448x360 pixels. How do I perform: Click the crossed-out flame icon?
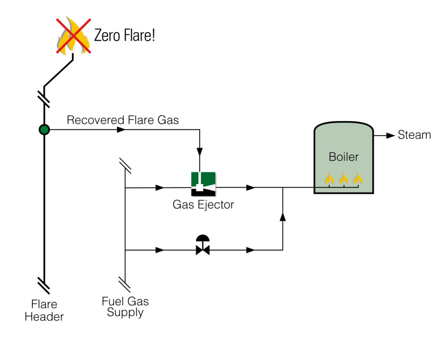click(x=73, y=36)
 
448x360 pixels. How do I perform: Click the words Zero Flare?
click(x=125, y=35)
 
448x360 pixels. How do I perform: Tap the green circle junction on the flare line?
click(x=44, y=129)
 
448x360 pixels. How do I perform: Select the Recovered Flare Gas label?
click(x=122, y=120)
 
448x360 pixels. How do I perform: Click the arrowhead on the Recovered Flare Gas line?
click(x=121, y=130)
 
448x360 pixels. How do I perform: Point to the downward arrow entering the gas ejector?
click(x=199, y=152)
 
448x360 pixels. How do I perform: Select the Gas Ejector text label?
click(x=203, y=204)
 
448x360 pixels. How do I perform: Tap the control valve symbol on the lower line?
click(x=203, y=246)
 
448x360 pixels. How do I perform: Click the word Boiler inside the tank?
click(x=343, y=157)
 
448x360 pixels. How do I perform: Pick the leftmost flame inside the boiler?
click(x=329, y=178)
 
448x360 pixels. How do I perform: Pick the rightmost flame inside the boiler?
click(x=358, y=178)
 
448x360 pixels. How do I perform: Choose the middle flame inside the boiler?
click(x=343, y=178)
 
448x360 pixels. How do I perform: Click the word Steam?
click(x=414, y=135)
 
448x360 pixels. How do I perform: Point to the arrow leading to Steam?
click(x=390, y=136)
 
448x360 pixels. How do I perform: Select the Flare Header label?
click(x=44, y=310)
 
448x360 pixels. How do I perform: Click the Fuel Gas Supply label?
click(x=125, y=307)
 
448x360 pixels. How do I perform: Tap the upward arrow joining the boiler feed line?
click(x=283, y=217)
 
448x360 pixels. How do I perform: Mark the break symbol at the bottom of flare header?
click(x=44, y=286)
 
